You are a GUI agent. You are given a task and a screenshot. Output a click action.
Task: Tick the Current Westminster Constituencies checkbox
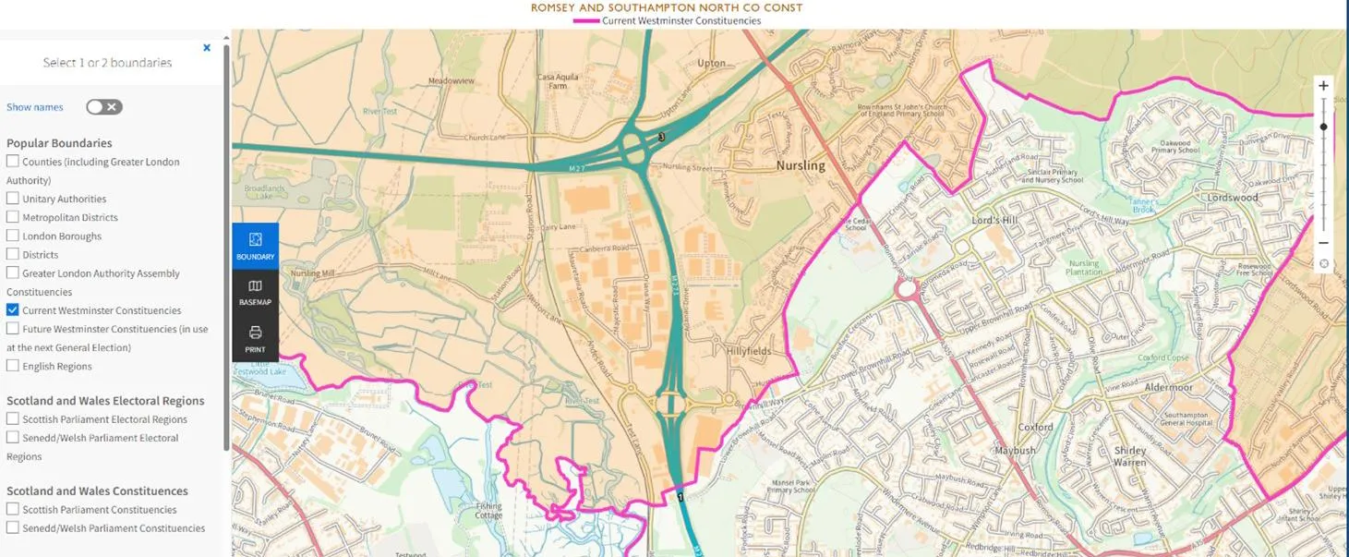[13, 310]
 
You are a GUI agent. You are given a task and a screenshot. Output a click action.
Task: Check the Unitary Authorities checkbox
[13, 199]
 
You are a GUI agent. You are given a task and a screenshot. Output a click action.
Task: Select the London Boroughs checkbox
[13, 236]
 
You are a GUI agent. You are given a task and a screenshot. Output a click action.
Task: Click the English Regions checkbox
[13, 366]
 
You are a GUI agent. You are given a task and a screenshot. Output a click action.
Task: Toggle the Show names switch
[104, 107]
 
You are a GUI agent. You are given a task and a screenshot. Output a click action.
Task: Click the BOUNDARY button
[255, 246]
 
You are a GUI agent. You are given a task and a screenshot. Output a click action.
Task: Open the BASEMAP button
[255, 292]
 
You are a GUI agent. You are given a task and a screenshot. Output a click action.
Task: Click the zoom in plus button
[1323, 86]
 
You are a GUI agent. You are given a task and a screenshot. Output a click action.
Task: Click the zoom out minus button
[1323, 243]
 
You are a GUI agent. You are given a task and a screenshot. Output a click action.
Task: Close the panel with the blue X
[207, 48]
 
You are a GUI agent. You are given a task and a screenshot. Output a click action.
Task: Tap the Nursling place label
[800, 165]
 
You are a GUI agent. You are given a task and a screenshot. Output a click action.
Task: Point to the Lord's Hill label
[994, 222]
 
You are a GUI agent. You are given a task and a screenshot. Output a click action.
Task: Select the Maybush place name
[1015, 451]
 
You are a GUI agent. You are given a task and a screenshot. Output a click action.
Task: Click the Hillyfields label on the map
[748, 351]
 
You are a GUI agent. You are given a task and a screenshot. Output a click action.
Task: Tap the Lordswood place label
[1233, 198]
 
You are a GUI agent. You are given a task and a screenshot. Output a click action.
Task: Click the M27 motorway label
[575, 167]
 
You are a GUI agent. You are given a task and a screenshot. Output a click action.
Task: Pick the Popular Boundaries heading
[59, 143]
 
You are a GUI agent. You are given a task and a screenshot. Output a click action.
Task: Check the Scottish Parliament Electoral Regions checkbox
[13, 419]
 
